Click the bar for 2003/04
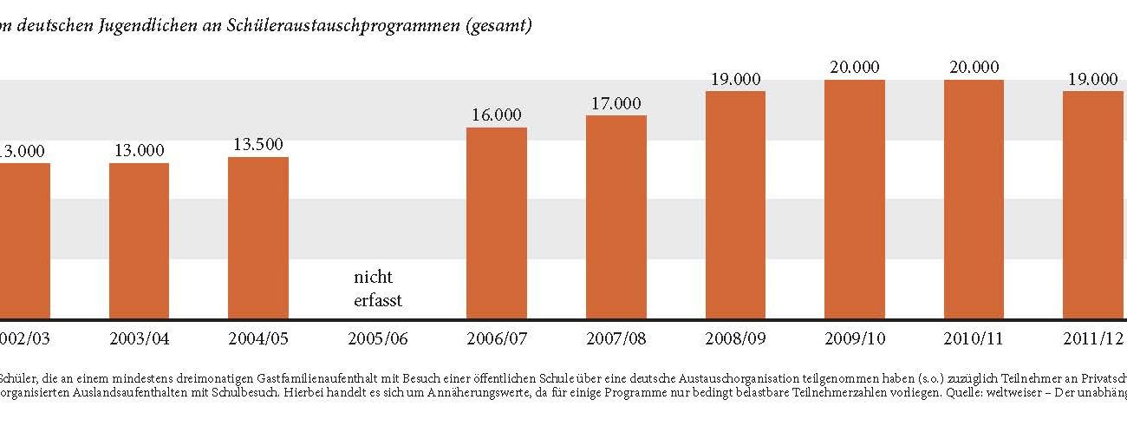[139, 240]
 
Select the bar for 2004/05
[258, 238]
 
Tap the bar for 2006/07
[497, 223]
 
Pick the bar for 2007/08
[616, 217]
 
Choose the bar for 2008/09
[735, 205]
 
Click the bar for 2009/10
[855, 200]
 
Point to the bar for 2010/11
[974, 200]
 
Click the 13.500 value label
[258, 144]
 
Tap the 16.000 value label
[497, 115]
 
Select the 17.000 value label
[616, 103]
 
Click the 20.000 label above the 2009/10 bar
[855, 67]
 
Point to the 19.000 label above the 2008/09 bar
[735, 79]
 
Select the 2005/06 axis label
[378, 338]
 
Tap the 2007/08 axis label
[616, 338]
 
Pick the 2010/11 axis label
[974, 338]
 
